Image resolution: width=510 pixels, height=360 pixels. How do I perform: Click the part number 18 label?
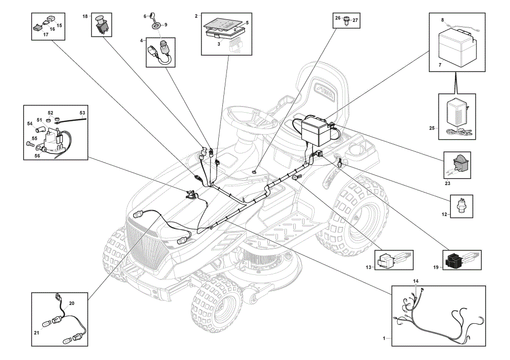pos(85,16)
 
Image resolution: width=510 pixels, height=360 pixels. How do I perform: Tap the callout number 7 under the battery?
pos(440,65)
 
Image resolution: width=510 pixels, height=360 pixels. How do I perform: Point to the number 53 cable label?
pos(82,113)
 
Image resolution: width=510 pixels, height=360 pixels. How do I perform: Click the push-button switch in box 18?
pos(101,24)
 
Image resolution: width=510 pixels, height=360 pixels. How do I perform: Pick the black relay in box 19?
pos(455,260)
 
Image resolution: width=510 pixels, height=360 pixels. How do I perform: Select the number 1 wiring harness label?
pos(384,338)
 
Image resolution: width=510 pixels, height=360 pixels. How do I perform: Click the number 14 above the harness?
pos(416,281)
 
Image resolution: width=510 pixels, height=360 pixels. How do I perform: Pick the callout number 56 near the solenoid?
pos(37,156)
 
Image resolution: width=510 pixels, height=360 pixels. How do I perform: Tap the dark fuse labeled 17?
pos(38,28)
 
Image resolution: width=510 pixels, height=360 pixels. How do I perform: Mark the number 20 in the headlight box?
pos(71,303)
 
